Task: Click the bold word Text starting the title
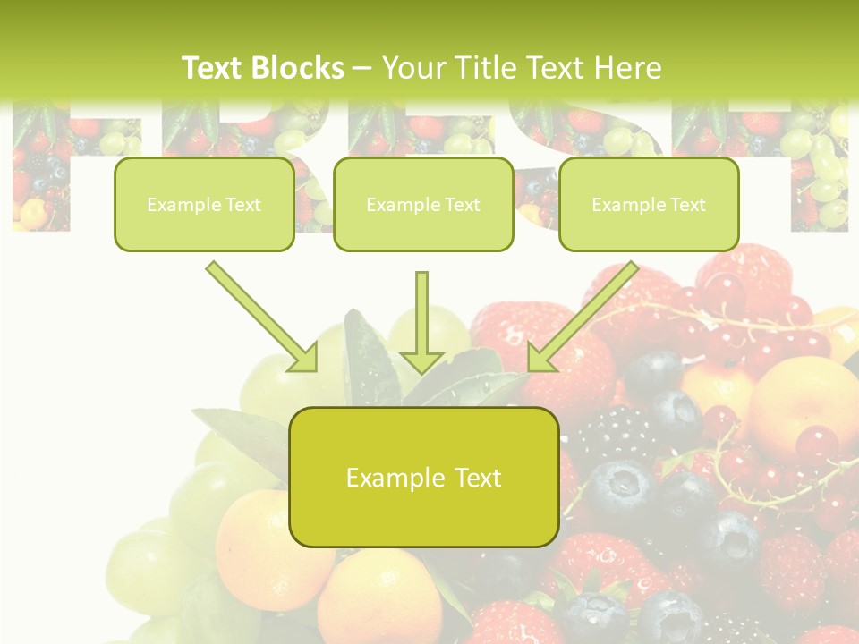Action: [215, 68]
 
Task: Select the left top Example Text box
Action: [204, 205]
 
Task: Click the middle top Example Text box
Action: [423, 205]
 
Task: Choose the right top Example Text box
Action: [649, 205]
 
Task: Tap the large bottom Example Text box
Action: [424, 478]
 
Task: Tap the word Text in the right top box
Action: [687, 205]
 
